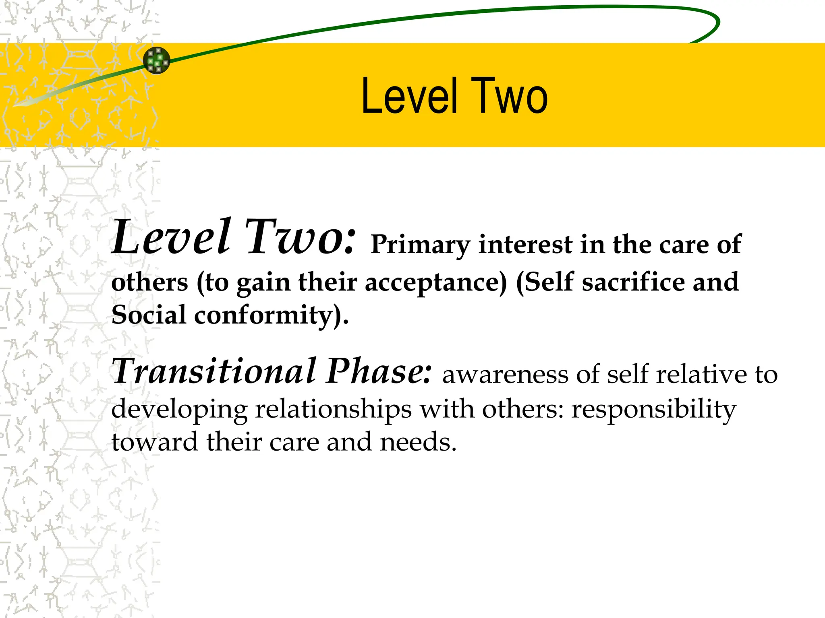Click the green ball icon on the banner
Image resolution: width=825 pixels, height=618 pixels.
point(157,60)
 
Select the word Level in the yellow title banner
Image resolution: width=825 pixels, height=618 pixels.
point(410,97)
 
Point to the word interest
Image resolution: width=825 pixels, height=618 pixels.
point(525,244)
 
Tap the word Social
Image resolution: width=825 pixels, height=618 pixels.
point(149,315)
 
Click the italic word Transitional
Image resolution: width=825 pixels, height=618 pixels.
point(214,371)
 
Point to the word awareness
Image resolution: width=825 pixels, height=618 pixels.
point(505,375)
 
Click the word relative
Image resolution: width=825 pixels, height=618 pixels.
point(701,375)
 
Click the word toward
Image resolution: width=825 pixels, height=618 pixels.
point(155,442)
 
